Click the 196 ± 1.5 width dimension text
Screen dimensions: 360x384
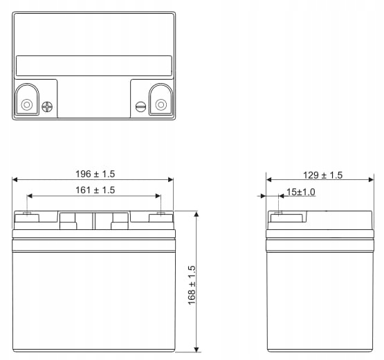[95, 174]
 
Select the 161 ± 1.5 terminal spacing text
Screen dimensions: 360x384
[95, 190]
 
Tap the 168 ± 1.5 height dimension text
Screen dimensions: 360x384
[192, 284]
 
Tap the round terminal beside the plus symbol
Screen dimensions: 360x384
[27, 105]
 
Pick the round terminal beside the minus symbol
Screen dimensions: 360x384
[161, 105]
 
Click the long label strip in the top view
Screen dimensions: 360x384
[93, 66]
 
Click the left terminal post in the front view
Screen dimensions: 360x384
[27, 215]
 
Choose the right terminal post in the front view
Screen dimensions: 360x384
[161, 215]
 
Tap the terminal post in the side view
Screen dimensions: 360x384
[280, 215]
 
